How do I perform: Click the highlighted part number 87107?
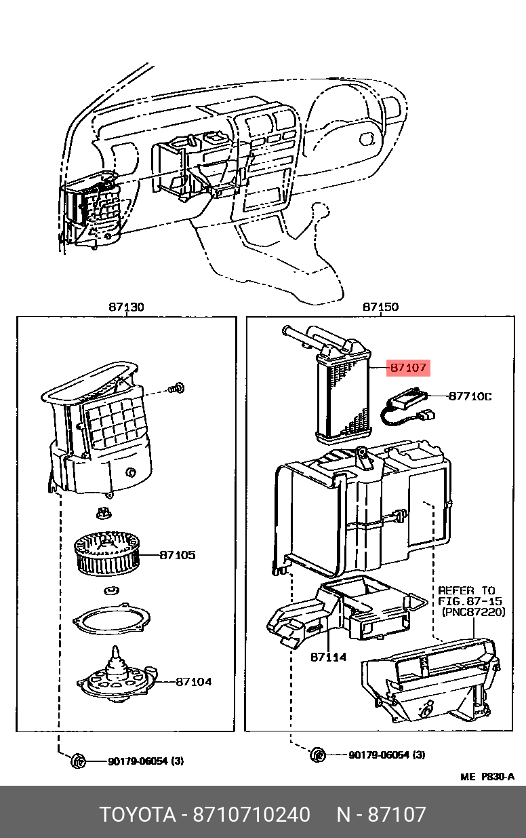(408, 368)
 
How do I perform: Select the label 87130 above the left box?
(126, 307)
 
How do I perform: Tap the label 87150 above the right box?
(380, 307)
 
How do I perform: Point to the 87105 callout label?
(178, 555)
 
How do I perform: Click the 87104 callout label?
(194, 682)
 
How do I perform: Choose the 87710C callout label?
(470, 396)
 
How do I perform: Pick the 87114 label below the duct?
(329, 657)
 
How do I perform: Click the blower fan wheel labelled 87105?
(106, 554)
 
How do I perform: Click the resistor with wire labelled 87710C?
(407, 406)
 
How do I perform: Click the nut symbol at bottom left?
(78, 761)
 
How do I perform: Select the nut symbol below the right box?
(318, 755)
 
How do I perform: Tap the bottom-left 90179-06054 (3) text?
(146, 761)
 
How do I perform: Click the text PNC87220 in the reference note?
(474, 612)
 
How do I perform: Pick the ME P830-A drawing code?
(487, 777)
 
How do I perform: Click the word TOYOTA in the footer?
(138, 814)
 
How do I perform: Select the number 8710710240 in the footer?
(251, 814)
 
